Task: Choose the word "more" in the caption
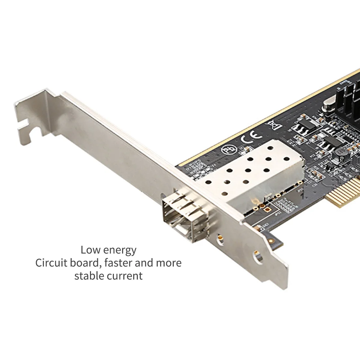pyautogui.click(x=169, y=263)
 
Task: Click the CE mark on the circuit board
pyautogui.click(x=247, y=138)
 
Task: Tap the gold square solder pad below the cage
pyautogui.click(x=268, y=208)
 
